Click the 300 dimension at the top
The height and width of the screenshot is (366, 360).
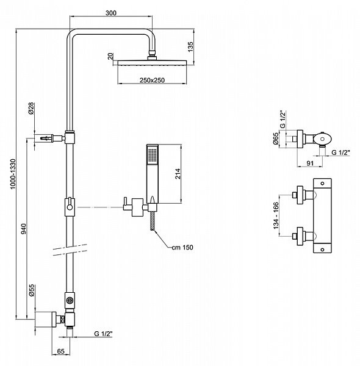pos(111,13)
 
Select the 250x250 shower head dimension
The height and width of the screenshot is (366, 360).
pos(152,81)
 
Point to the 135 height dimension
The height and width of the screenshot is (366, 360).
pos(190,47)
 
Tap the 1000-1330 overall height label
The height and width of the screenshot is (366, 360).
pos(13,174)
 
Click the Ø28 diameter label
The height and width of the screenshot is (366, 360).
pos(31,109)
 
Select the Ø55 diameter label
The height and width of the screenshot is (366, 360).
pos(32,290)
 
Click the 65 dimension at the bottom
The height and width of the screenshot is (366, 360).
pos(60,351)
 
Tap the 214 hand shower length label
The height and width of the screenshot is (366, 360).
pos(178,174)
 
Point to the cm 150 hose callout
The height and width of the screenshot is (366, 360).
pos(182,248)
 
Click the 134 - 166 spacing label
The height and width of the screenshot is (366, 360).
pos(276,216)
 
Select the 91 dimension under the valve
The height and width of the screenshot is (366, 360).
pos(310,163)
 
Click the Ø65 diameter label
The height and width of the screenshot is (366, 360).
pos(276,138)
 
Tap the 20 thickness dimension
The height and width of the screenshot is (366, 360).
pos(110,56)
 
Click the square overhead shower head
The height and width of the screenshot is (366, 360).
pos(152,63)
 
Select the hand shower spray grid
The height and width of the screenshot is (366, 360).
pos(152,155)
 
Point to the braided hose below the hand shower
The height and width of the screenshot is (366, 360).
pos(153,221)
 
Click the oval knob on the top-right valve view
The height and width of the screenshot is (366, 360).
pos(322,139)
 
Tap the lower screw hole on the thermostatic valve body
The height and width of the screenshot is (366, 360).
pos(322,249)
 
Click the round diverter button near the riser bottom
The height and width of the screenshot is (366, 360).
pos(70,300)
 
